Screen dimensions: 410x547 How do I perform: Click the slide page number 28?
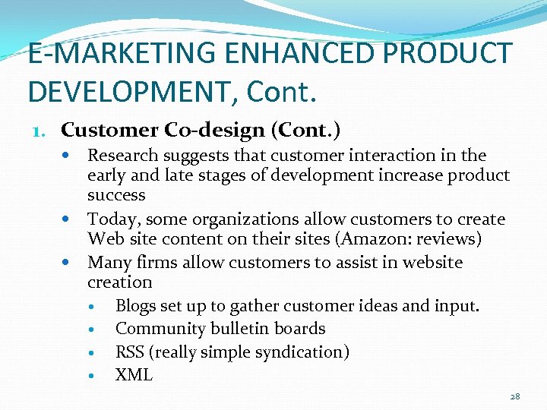pos(515,396)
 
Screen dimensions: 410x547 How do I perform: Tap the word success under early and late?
pos(116,195)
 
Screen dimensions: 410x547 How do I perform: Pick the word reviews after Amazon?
pos(449,239)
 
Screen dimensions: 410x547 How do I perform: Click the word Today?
pos(112,219)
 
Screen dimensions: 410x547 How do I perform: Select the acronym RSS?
pos(130,352)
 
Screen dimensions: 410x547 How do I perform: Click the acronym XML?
pos(134,374)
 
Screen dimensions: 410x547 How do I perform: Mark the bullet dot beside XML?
pos(90,375)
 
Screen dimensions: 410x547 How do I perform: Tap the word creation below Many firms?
pos(120,282)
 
